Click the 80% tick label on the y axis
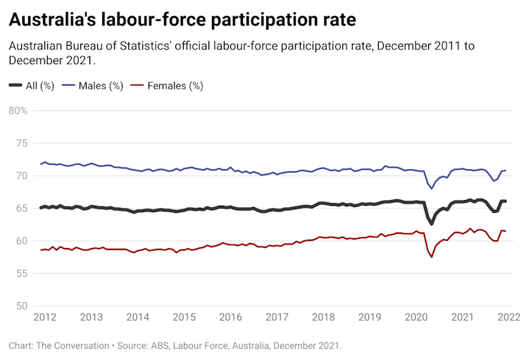coord(18,111)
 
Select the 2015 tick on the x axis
coord(184,317)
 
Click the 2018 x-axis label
coord(323,317)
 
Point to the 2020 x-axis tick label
coord(416,317)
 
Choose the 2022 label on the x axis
coord(508,317)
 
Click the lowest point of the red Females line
coord(432,257)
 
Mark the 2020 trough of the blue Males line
coord(432,189)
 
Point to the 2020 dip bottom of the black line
coord(432,224)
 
